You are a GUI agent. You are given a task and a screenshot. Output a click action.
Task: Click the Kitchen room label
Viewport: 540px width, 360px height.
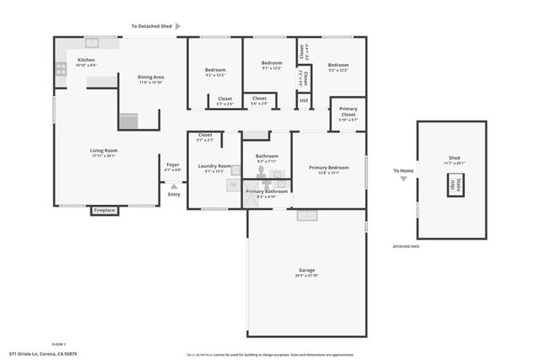(86, 61)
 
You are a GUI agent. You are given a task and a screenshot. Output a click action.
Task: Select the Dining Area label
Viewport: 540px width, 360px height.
(151, 78)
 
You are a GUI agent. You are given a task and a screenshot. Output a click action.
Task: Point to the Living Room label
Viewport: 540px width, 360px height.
(104, 151)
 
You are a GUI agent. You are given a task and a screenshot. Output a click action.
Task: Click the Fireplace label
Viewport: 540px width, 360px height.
(104, 211)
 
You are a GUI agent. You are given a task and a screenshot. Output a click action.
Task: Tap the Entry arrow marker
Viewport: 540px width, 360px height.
(174, 186)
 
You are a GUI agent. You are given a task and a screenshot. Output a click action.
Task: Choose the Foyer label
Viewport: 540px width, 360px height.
(173, 164)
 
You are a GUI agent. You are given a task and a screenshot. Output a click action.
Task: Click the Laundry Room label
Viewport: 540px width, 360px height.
(214, 166)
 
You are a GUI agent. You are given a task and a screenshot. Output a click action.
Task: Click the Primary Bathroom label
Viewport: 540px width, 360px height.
(267, 191)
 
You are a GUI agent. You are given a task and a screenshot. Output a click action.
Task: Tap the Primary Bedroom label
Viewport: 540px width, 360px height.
(328, 168)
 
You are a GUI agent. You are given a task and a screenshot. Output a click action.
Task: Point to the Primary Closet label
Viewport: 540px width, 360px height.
(348, 111)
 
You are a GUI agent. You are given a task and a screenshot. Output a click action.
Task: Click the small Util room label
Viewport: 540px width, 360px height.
(304, 101)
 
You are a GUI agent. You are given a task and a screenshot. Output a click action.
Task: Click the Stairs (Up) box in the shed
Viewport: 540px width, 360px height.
(453, 185)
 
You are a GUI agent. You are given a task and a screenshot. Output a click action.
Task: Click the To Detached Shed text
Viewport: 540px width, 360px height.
(152, 26)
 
